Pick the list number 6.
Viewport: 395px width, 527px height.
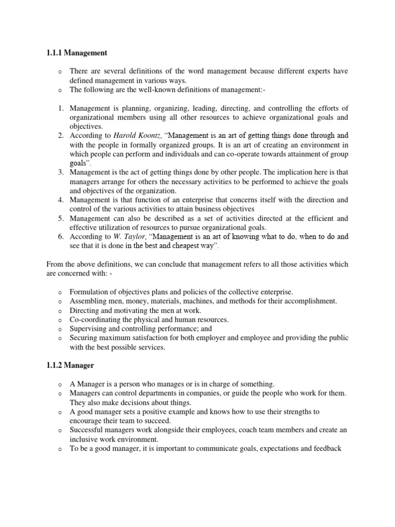pyautogui.click(x=60, y=237)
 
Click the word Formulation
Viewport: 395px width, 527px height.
pyautogui.click(x=89, y=292)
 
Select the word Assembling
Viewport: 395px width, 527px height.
pyautogui.click(x=88, y=301)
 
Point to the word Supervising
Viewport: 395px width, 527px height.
pyautogui.click(x=88, y=328)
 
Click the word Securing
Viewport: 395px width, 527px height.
pyautogui.click(x=83, y=338)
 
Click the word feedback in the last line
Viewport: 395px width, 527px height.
pyautogui.click(x=326, y=448)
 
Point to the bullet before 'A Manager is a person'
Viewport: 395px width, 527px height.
pyautogui.click(x=60, y=384)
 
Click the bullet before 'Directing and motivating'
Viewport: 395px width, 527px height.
pyautogui.click(x=60, y=311)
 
